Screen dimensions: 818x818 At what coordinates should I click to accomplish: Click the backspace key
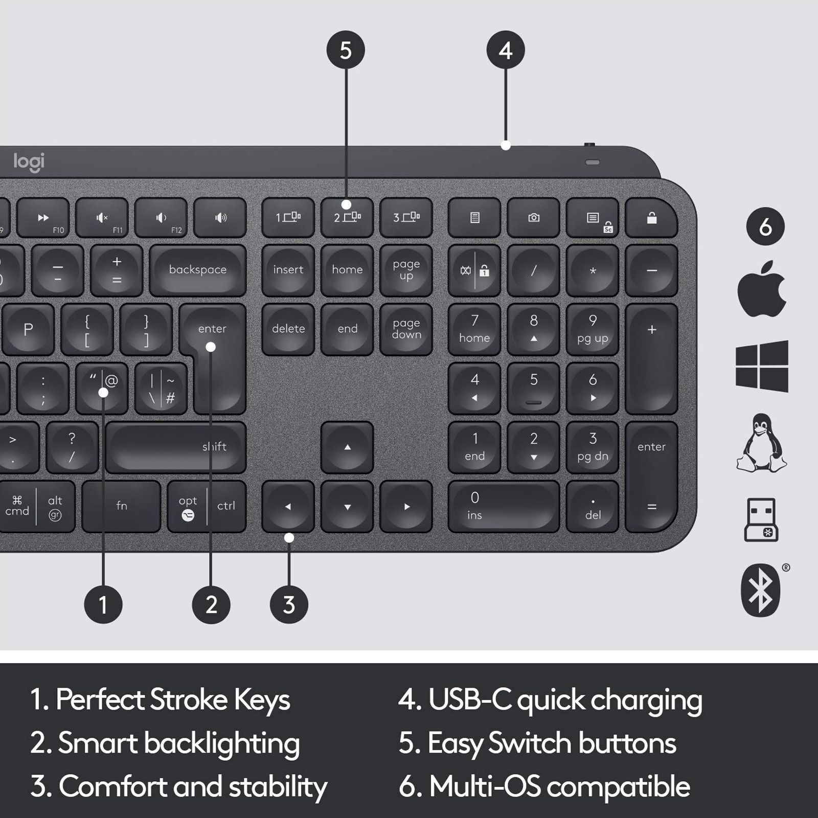coord(198,270)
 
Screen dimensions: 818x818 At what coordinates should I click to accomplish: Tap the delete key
coord(288,329)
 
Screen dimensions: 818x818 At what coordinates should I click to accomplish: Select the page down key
coord(406,329)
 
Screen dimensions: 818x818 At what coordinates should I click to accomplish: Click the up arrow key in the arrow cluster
coord(347,447)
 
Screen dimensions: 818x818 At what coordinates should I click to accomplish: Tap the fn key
coord(122,506)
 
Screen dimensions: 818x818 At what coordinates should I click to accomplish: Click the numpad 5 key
coord(533,388)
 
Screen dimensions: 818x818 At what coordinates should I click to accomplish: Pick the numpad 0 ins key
coord(504,506)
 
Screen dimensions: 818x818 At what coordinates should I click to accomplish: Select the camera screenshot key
coord(533,218)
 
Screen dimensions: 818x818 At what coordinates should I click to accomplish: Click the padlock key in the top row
coord(651,218)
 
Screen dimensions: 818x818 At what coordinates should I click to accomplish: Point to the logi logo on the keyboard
coord(29,162)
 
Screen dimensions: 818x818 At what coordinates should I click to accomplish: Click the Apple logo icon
coord(761,289)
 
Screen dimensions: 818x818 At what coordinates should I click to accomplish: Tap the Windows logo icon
coord(762,366)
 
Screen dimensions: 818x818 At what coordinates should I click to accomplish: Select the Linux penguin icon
coord(762,443)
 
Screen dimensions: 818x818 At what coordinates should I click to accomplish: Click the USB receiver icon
coord(761,519)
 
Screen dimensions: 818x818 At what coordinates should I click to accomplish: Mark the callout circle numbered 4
coord(506,50)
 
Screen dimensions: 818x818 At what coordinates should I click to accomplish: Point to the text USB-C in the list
coord(470,700)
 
